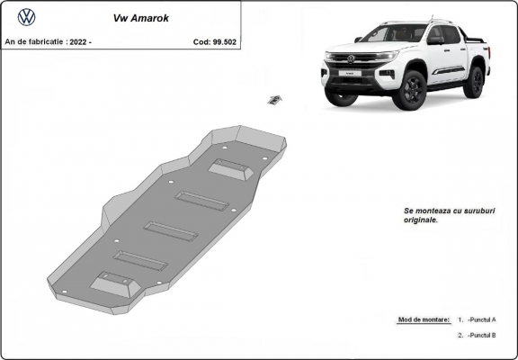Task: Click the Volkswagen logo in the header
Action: pos(27,16)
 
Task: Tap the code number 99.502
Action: pos(224,41)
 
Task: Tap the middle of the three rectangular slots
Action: pos(171,231)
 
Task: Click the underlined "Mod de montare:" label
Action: pos(423,320)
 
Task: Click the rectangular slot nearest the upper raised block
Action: pos(202,201)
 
